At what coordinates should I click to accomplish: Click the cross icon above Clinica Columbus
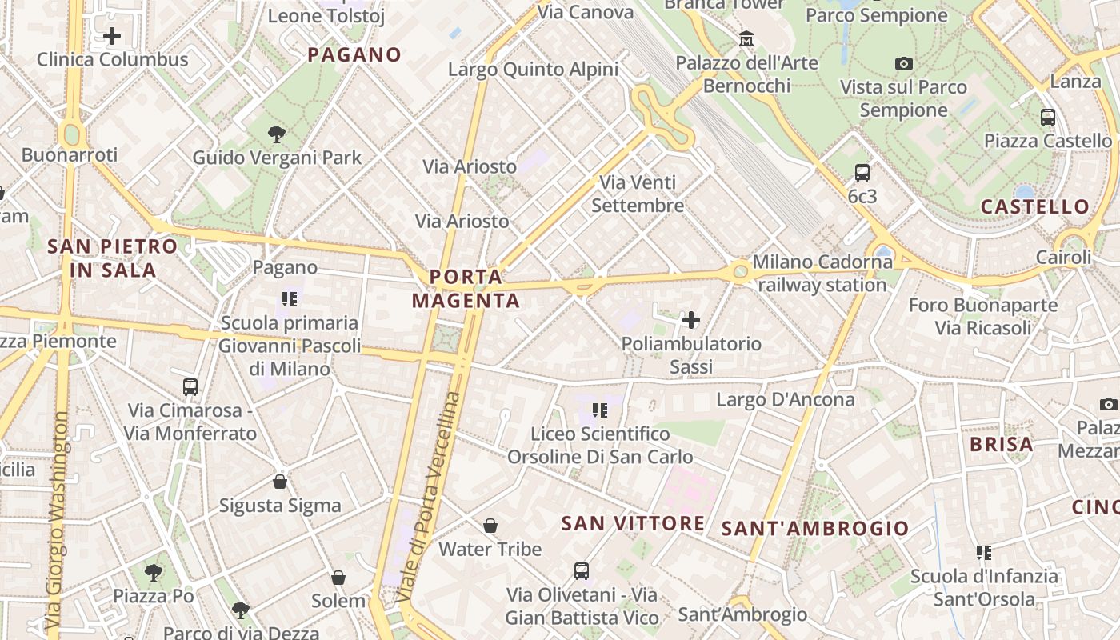[x=112, y=36]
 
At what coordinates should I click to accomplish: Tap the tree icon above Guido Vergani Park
[x=277, y=134]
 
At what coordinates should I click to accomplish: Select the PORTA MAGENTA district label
[x=466, y=289]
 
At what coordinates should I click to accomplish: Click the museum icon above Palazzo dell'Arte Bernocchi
[x=746, y=38]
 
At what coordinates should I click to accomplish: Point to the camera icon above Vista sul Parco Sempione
[x=904, y=63]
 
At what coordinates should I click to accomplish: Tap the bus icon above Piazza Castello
[x=1047, y=118]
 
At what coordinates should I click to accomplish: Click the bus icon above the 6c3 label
[x=862, y=172]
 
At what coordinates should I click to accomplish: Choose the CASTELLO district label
[x=1035, y=206]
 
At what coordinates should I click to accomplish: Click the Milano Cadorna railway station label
[x=821, y=273]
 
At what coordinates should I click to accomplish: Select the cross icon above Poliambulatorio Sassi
[x=691, y=321]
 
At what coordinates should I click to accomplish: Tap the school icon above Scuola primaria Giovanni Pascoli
[x=289, y=299]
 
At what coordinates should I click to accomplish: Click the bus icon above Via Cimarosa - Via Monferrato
[x=190, y=387]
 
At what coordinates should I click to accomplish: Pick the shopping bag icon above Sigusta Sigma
[x=280, y=482]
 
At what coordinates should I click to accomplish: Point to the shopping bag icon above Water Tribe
[x=490, y=526]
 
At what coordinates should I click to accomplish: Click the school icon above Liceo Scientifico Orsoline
[x=600, y=410]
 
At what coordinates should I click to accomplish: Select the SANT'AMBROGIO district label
[x=815, y=528]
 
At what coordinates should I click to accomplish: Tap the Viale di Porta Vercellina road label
[x=430, y=496]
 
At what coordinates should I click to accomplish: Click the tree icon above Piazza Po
[x=153, y=573]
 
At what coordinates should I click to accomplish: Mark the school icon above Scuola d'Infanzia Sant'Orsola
[x=984, y=552]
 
